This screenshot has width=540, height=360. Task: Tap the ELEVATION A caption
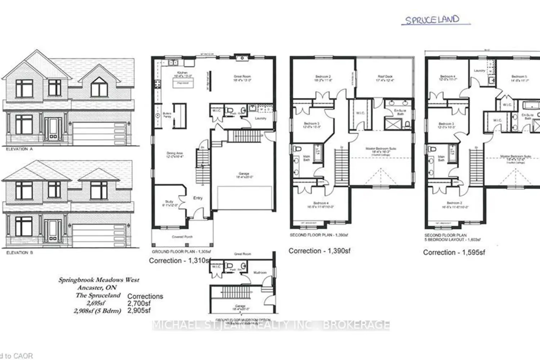pyautogui.click(x=19, y=149)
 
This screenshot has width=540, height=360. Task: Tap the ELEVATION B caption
pyautogui.click(x=19, y=253)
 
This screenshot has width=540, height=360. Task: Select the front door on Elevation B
pyautogui.click(x=53, y=230)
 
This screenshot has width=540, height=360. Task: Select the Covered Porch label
pyautogui.click(x=182, y=237)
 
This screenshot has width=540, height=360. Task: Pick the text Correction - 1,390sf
pyautogui.click(x=319, y=251)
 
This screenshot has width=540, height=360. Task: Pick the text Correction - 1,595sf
pyautogui.click(x=454, y=252)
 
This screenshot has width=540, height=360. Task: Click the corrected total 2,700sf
pyautogui.click(x=139, y=303)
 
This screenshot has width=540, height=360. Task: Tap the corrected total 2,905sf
pyautogui.click(x=139, y=310)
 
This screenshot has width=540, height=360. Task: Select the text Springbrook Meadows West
pyautogui.click(x=99, y=280)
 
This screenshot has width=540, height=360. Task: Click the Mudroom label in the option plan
pyautogui.click(x=260, y=273)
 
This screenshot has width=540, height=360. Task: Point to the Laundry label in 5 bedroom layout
pyautogui.click(x=480, y=71)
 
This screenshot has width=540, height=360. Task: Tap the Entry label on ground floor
pyautogui.click(x=198, y=198)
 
